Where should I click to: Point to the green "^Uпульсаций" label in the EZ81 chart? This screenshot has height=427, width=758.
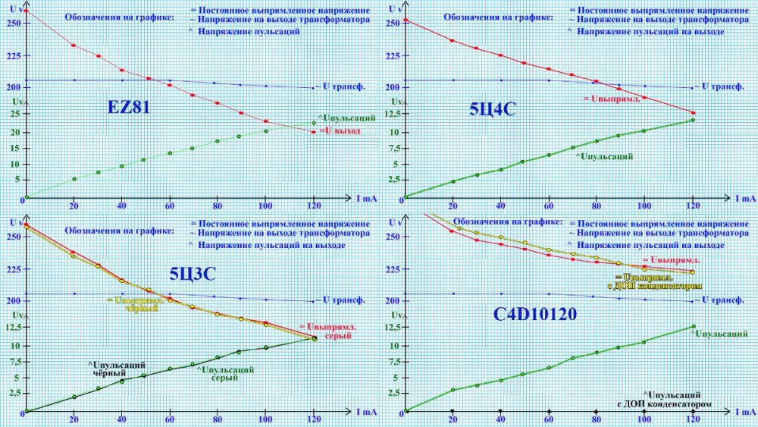[x=347, y=118]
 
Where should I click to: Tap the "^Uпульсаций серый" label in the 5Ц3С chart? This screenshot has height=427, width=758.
[x=224, y=374]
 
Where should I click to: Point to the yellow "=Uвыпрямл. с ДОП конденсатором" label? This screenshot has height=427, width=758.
[x=659, y=281]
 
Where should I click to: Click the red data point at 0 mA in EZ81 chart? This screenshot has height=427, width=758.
[x=26, y=11]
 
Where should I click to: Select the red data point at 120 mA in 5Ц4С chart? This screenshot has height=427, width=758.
[x=693, y=113]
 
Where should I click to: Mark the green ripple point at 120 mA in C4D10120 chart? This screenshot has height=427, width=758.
[x=693, y=327]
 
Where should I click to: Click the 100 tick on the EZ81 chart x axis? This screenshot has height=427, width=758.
[x=265, y=206]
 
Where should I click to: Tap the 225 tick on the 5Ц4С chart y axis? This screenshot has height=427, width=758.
[x=392, y=55]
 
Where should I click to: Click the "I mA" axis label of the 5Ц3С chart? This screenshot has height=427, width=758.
[x=365, y=412]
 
